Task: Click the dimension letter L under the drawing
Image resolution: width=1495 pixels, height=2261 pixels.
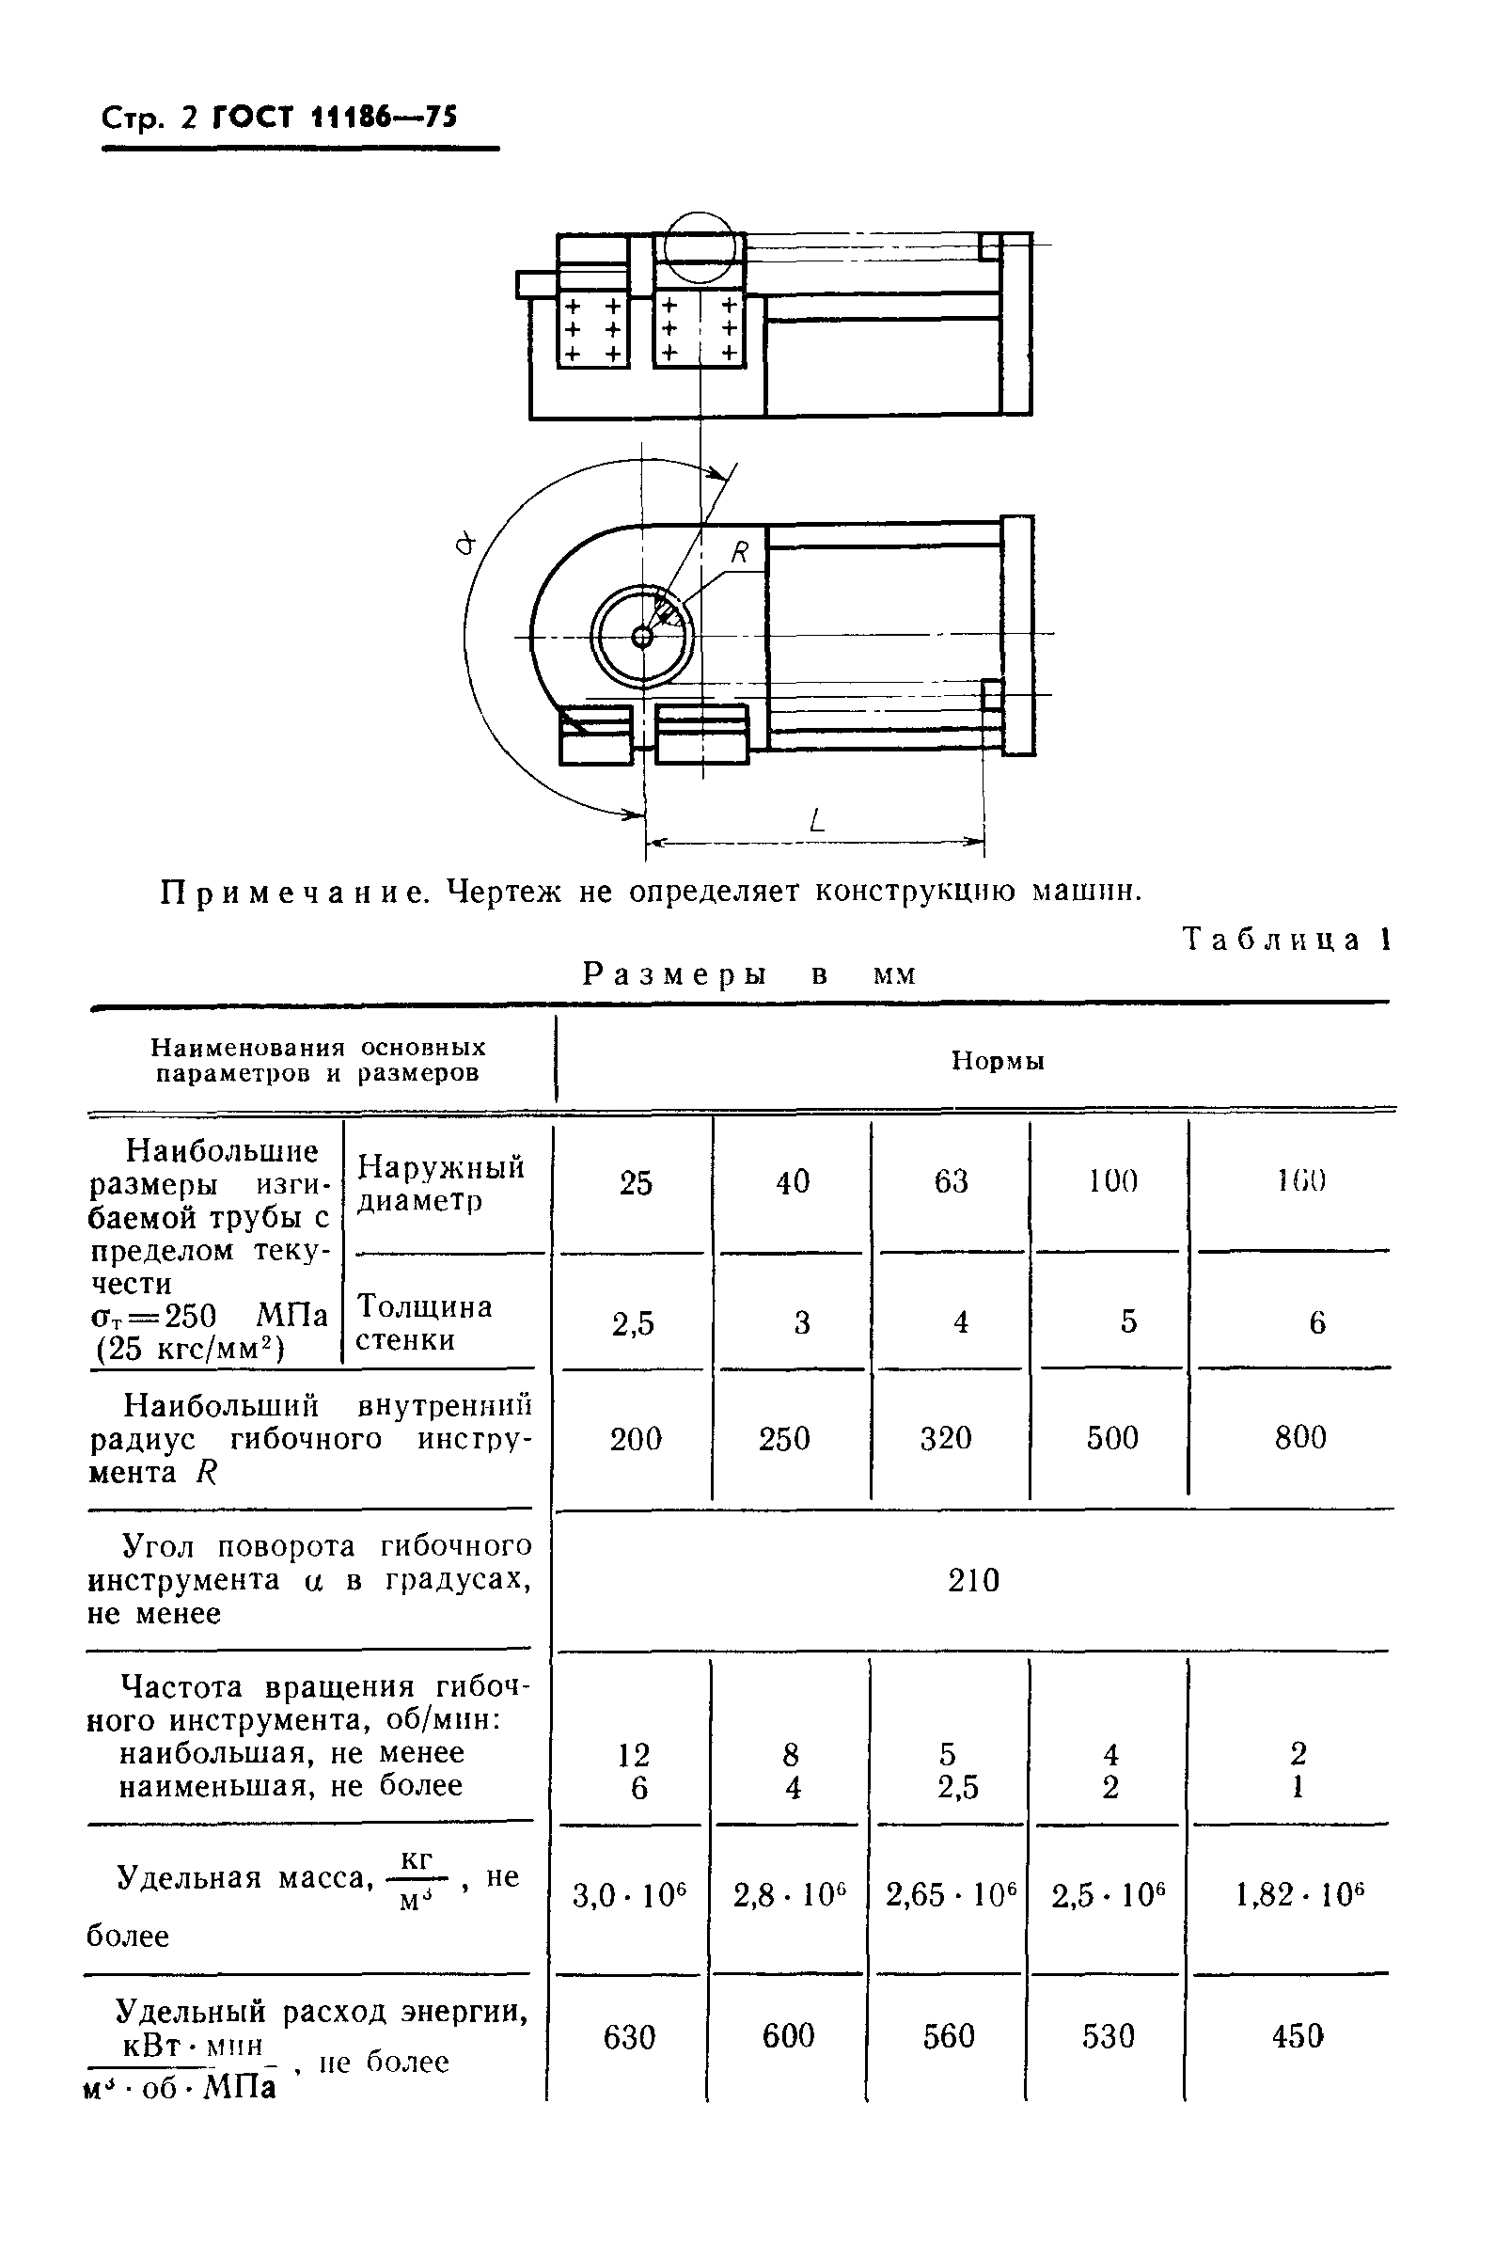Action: pos(817,820)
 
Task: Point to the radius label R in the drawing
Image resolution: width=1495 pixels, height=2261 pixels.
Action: pos(740,552)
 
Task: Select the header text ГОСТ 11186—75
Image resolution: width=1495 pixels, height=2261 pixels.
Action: pos(335,118)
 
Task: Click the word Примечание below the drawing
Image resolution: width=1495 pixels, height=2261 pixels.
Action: pos(294,893)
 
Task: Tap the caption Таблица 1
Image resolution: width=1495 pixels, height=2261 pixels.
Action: pos(1286,940)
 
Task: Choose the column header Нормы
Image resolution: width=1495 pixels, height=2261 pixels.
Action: pos(998,1061)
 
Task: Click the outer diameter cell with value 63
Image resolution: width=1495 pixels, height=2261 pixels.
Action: pos(951,1182)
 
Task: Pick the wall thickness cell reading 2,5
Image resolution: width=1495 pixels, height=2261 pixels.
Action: pos(633,1323)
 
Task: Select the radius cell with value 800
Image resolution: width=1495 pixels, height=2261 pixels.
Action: pos(1299,1438)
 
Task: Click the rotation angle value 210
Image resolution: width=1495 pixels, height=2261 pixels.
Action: pos(973,1581)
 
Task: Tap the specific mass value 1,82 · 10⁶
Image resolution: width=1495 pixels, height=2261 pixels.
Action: pos(1299,1895)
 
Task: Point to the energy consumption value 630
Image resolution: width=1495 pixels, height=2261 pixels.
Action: pos(629,2038)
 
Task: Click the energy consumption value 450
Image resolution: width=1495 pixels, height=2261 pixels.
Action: pos(1298,2037)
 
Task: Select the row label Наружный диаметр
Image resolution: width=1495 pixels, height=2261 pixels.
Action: pos(440,1183)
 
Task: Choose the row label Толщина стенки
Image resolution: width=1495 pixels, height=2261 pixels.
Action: pos(423,1322)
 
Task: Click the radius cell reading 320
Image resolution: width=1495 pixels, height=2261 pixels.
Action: pos(946,1438)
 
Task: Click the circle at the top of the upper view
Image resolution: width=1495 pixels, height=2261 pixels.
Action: pos(700,246)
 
